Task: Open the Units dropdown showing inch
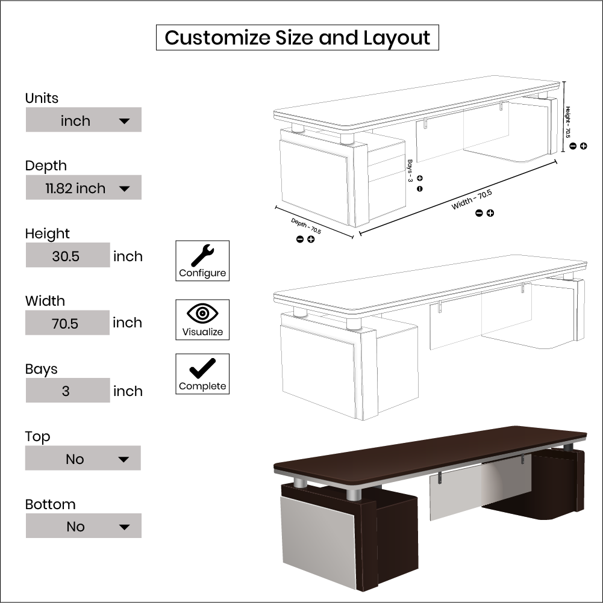click(x=84, y=120)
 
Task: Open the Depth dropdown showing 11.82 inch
click(x=84, y=187)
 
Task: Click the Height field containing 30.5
click(x=68, y=255)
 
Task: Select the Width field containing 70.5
click(x=67, y=323)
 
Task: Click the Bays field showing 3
click(x=68, y=391)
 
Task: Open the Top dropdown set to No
click(x=83, y=458)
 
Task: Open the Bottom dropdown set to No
click(x=84, y=526)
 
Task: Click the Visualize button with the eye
click(x=202, y=320)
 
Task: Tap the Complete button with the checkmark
click(x=202, y=374)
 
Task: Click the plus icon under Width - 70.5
click(x=490, y=213)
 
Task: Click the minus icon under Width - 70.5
click(x=479, y=213)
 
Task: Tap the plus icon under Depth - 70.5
click(x=311, y=239)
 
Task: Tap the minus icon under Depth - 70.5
click(x=300, y=239)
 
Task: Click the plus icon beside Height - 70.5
click(x=584, y=146)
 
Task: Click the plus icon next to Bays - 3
click(x=420, y=178)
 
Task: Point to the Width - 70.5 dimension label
click(x=472, y=200)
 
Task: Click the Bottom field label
click(x=51, y=504)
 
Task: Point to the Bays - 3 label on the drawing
click(x=410, y=171)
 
